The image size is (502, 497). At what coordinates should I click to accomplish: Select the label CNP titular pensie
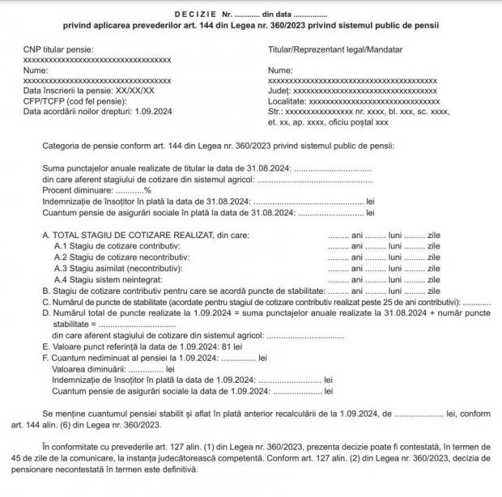(x=59, y=50)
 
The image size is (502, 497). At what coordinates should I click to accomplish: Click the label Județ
(x=279, y=91)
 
